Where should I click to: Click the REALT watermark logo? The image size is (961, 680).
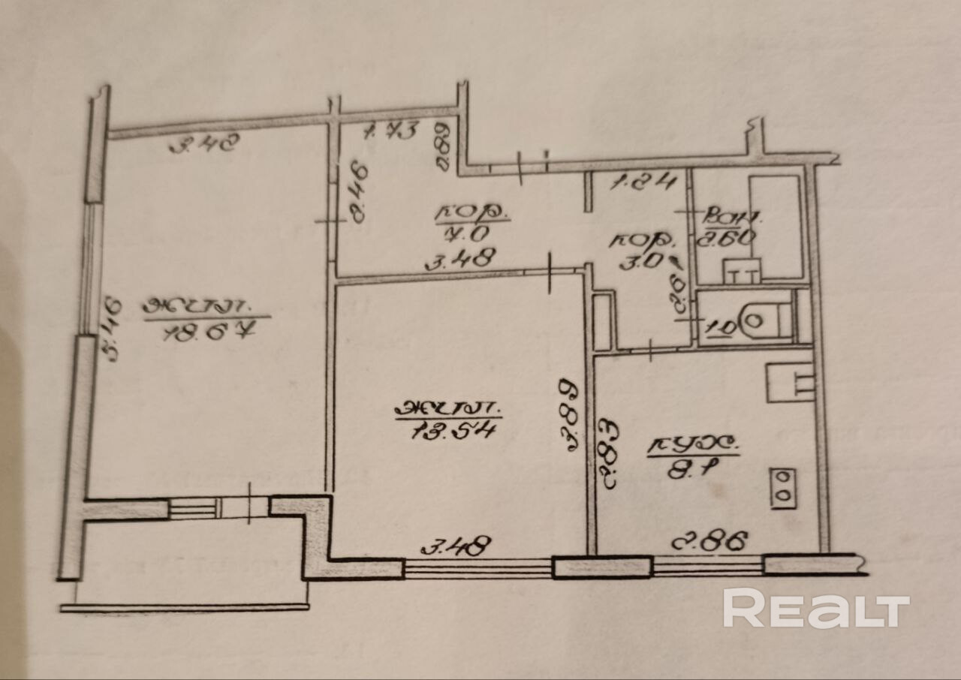(x=815, y=609)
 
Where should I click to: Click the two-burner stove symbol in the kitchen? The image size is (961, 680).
(x=783, y=489)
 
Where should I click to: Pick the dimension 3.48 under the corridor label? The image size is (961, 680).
(x=459, y=260)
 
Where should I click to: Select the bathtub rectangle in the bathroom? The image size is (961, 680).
(x=773, y=225)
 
